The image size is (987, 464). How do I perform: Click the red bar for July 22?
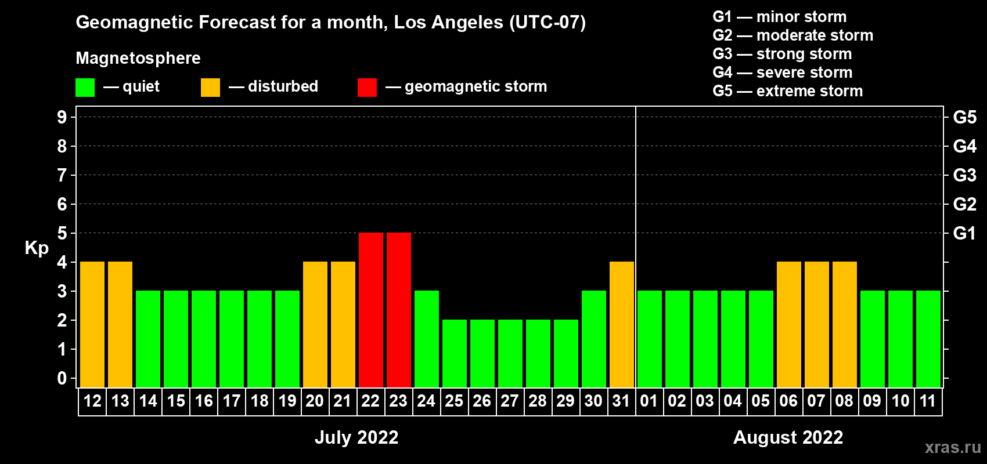[x=371, y=310]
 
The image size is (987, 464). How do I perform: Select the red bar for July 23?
[x=399, y=310]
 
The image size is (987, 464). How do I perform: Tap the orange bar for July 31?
[x=622, y=324]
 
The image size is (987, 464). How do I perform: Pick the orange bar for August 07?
[x=817, y=324]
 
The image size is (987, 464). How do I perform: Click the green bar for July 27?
[x=510, y=353]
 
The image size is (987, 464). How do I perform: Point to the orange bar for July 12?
[x=92, y=324]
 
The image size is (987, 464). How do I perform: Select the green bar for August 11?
[x=928, y=339]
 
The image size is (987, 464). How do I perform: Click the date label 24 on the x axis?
[x=426, y=401]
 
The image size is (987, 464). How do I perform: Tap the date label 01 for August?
[x=649, y=401]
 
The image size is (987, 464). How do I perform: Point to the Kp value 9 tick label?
[x=62, y=117]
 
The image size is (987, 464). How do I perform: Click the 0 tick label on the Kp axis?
[x=62, y=378]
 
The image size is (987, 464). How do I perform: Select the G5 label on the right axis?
[x=965, y=117]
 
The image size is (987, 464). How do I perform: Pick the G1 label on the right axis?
[x=965, y=233]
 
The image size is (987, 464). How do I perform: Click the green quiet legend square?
[x=85, y=87]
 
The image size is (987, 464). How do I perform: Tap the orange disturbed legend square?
[x=210, y=87]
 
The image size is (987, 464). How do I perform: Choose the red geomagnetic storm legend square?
[x=368, y=87]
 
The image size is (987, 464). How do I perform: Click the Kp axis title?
[x=37, y=248]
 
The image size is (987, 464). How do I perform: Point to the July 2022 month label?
[x=356, y=437]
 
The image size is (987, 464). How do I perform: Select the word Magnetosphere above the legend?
[x=138, y=58]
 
